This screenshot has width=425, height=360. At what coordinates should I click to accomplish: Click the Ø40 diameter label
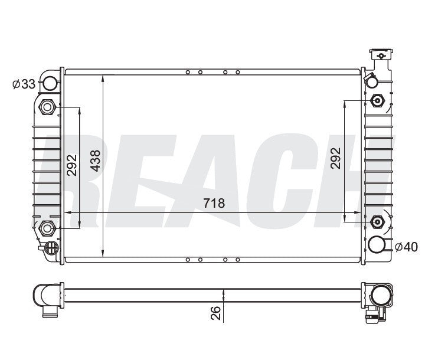click(x=406, y=247)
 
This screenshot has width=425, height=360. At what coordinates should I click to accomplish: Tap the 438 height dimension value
click(x=95, y=160)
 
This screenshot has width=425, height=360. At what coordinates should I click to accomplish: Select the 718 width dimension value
click(x=214, y=204)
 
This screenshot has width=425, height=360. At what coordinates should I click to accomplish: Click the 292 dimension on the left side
click(x=71, y=166)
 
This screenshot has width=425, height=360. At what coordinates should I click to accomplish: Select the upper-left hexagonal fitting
click(x=47, y=107)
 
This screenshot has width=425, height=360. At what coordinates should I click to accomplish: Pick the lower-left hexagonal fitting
click(x=47, y=226)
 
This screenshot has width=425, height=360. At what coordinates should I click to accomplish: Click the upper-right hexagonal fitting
click(x=378, y=100)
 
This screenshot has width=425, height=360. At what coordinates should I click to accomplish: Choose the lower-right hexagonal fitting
click(x=378, y=221)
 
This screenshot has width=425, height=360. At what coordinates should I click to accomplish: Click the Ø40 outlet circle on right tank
click(x=378, y=244)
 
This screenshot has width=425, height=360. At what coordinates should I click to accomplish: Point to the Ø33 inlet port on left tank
click(x=51, y=83)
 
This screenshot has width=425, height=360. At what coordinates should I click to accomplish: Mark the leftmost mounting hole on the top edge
click(x=188, y=73)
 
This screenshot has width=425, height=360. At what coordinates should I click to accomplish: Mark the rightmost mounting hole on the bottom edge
click(x=237, y=258)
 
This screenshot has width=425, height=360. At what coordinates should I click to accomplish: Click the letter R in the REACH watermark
click(x=56, y=177)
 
